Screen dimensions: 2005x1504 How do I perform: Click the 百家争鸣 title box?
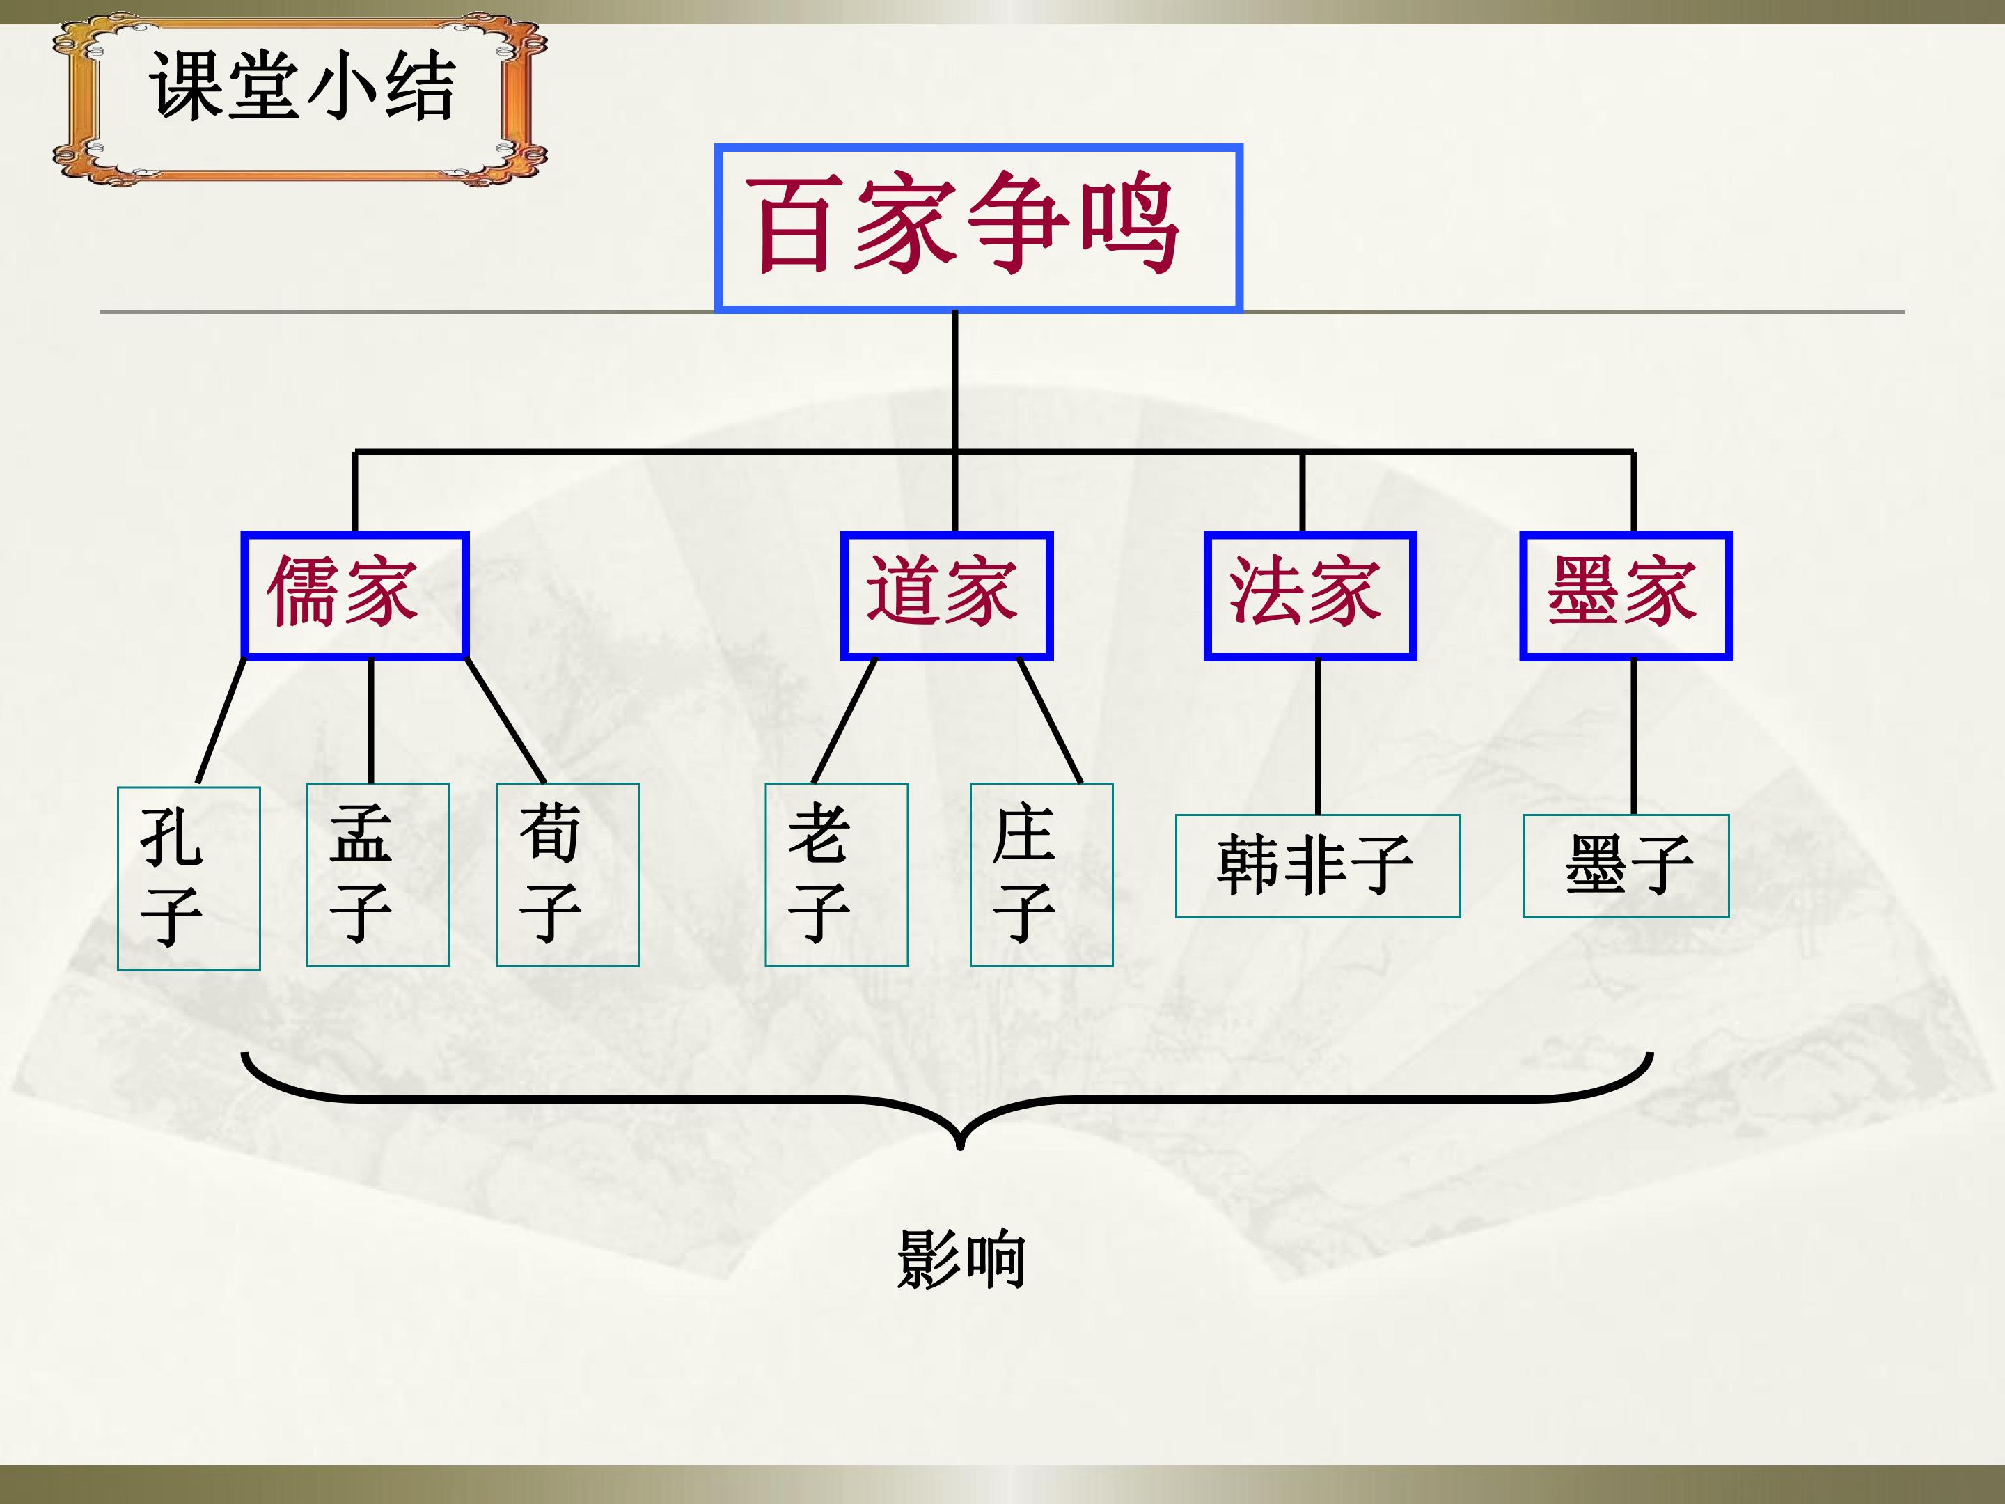click(978, 228)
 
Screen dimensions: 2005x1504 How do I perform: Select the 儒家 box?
click(354, 595)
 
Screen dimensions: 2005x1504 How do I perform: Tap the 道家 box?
click(946, 595)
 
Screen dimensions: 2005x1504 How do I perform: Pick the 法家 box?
click(1310, 595)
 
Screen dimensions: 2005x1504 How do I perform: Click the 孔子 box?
click(189, 879)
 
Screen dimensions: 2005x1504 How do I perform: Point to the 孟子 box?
click(378, 875)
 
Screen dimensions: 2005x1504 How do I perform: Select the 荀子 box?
click(567, 875)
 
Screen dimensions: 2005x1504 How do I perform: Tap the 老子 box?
click(837, 875)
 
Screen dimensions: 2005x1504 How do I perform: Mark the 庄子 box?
click(1041, 875)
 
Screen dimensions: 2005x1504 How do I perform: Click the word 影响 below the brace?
click(961, 1259)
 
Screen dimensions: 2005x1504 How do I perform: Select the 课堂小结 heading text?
click(302, 85)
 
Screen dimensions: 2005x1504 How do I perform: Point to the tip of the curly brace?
click(960, 1147)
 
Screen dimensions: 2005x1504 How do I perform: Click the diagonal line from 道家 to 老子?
click(844, 721)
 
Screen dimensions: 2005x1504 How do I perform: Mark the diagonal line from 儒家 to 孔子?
click(222, 721)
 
